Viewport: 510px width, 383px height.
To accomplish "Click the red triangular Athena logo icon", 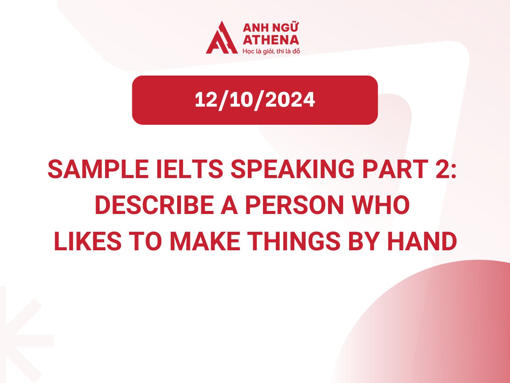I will pos(221,39).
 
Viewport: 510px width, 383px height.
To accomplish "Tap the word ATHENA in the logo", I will pos(270,40).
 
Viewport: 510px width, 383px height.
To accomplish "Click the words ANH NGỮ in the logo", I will pos(270,28).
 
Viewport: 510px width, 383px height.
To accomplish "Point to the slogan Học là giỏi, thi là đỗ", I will pos(271,51).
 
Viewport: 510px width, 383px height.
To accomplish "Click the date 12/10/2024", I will pos(255,100).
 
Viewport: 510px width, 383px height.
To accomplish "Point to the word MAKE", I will pos(204,242).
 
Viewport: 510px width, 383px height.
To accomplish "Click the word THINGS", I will pos(294,242).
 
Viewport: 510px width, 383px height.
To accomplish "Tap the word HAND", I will pos(422,242).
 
